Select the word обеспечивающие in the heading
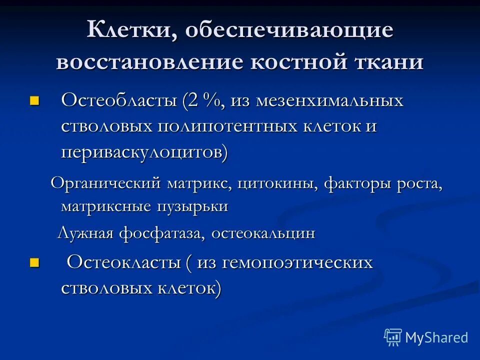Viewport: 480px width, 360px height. (289, 31)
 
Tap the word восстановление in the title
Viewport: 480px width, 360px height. (150, 63)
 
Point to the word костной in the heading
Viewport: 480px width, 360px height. (295, 63)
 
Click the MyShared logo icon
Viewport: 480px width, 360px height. (393, 337)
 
